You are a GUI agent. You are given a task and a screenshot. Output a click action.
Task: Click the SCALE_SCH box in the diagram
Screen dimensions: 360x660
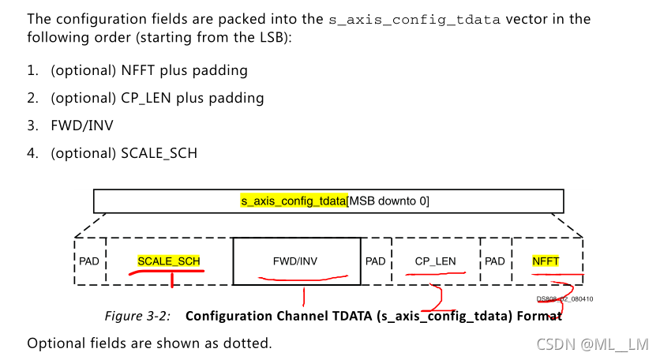pyautogui.click(x=169, y=261)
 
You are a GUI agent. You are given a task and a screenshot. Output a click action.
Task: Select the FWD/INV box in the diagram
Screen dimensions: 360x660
pyautogui.click(x=297, y=261)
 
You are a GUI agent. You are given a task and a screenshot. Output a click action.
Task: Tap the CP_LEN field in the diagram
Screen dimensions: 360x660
pyautogui.click(x=435, y=261)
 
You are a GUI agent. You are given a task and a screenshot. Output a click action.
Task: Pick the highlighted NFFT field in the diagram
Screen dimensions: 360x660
pyautogui.click(x=546, y=261)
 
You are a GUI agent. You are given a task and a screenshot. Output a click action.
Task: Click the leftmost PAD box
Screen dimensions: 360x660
pyautogui.click(x=89, y=261)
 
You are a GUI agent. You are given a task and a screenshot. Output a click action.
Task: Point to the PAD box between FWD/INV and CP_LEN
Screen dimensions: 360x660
pyautogui.click(x=376, y=261)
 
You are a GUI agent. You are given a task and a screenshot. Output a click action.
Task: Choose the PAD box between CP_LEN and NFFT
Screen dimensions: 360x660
pyautogui.click(x=495, y=261)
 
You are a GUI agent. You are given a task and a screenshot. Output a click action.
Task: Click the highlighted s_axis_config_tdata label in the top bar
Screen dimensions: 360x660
pyautogui.click(x=294, y=201)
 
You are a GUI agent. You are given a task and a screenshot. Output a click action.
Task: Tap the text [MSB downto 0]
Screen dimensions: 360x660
pyautogui.click(x=388, y=201)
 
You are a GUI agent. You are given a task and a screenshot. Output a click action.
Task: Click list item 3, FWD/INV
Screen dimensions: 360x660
pyautogui.click(x=80, y=125)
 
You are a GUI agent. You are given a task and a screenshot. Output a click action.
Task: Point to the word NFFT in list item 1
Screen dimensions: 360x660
pyautogui.click(x=137, y=70)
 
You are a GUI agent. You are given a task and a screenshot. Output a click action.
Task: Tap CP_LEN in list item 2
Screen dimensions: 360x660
pyautogui.click(x=147, y=98)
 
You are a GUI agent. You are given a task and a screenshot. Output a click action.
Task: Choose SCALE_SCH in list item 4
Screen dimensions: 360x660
pyautogui.click(x=159, y=152)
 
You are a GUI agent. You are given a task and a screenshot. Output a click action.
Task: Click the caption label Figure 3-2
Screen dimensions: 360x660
pyautogui.click(x=138, y=316)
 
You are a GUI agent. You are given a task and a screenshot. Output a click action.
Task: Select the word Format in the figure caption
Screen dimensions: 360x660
pyautogui.click(x=538, y=316)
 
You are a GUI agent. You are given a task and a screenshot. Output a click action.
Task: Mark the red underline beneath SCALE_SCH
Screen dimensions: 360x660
pyautogui.click(x=167, y=272)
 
